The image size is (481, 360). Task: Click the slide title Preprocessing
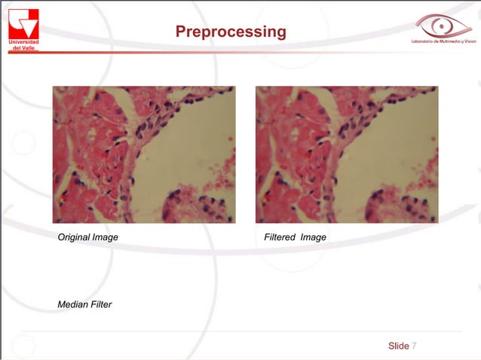(x=231, y=32)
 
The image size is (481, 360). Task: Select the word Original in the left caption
(x=74, y=237)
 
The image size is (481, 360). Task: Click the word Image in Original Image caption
(x=105, y=237)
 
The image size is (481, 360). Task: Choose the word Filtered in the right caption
(x=279, y=237)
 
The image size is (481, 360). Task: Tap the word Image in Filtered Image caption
(x=313, y=237)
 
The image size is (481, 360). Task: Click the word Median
(x=72, y=304)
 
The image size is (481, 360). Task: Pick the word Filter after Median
(x=101, y=304)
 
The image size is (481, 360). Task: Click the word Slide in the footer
(x=398, y=346)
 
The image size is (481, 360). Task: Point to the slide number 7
(x=414, y=346)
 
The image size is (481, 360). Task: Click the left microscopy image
(x=143, y=154)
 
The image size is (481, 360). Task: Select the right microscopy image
(x=347, y=154)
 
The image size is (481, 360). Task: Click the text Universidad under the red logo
(x=23, y=41)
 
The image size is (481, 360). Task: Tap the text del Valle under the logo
(x=23, y=47)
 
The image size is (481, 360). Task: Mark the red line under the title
(x=226, y=52)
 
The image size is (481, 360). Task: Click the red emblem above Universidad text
(x=23, y=23)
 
